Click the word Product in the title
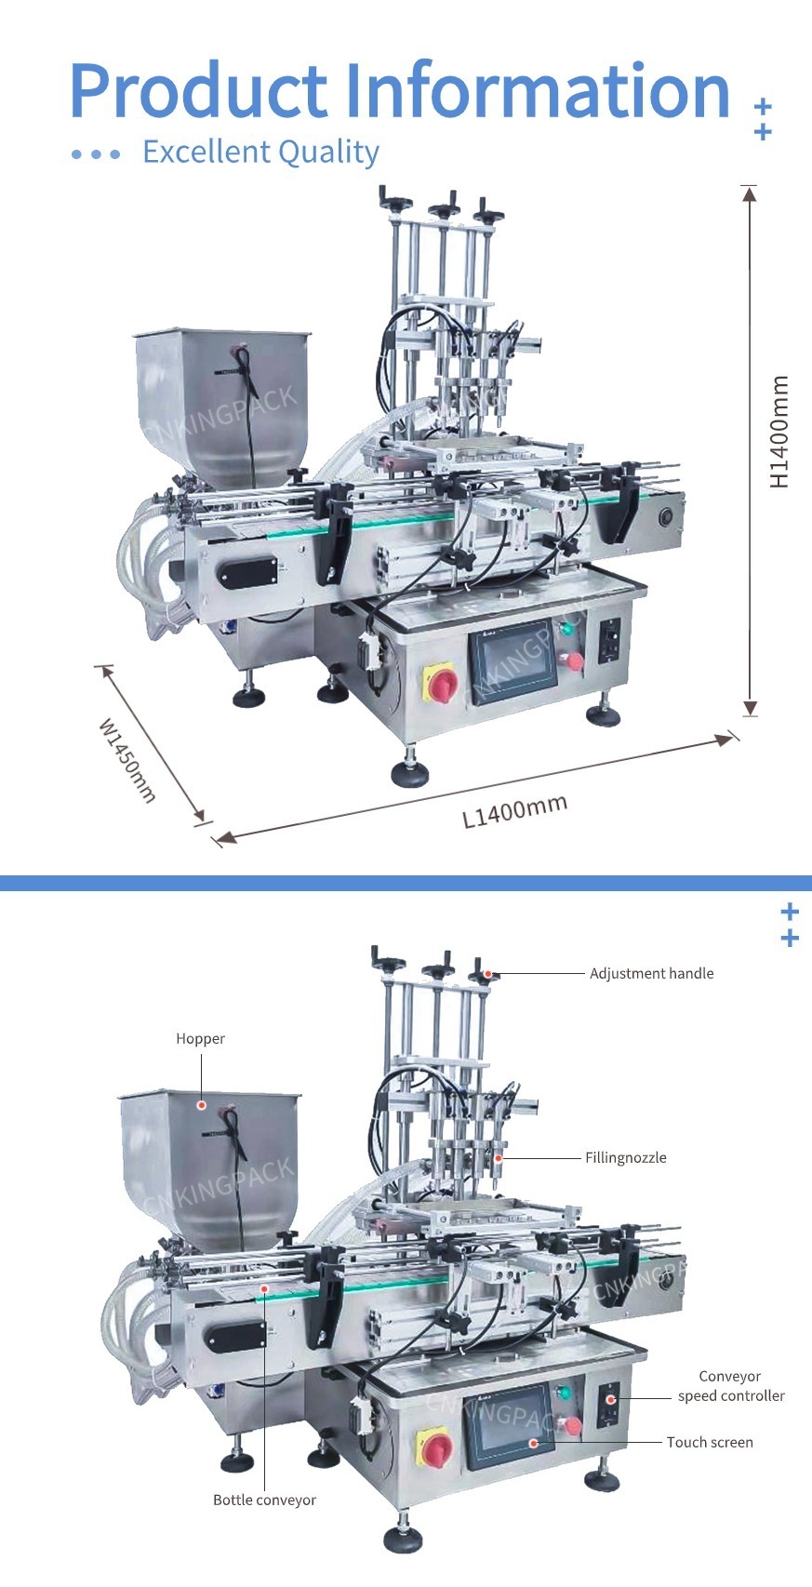[x=197, y=90]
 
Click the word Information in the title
[x=538, y=90]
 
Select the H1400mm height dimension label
[x=779, y=432]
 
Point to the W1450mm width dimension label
[x=127, y=759]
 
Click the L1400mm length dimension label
[x=515, y=810]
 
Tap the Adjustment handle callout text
[x=651, y=973]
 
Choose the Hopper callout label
[x=200, y=1038]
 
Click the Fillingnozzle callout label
[x=625, y=1157]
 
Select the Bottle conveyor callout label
[x=264, y=1500]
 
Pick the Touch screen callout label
[x=710, y=1442]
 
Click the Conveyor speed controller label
[x=731, y=1386]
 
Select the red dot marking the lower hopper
[x=200, y=1104]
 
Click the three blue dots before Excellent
[x=96, y=153]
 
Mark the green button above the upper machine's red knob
[x=565, y=629]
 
